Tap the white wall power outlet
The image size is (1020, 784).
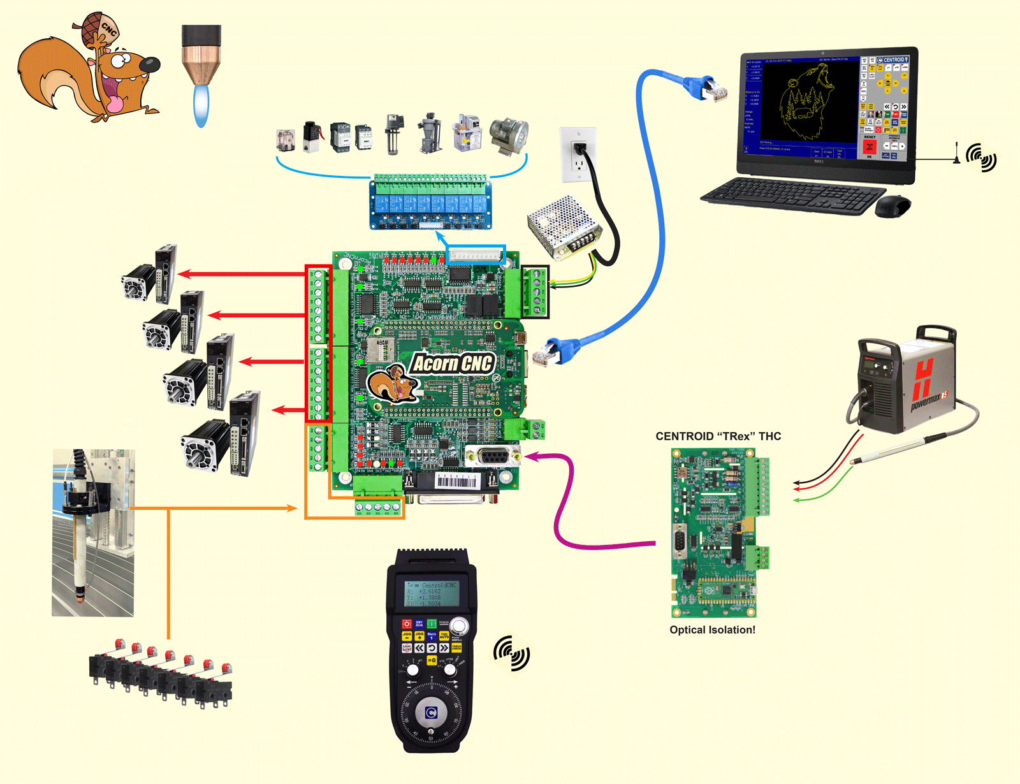(x=578, y=154)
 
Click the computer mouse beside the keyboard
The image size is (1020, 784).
(x=892, y=206)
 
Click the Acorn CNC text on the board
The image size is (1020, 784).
(x=453, y=363)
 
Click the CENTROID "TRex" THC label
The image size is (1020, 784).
(x=718, y=437)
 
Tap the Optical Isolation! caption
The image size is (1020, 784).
(x=712, y=630)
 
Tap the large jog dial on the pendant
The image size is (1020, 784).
(x=431, y=713)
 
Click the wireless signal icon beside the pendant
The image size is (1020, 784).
(x=511, y=653)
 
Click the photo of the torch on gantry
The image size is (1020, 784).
(x=93, y=532)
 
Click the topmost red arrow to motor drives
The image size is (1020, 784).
(x=242, y=274)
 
